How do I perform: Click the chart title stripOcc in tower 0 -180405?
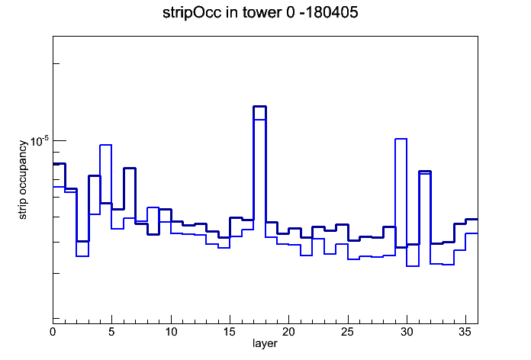260,13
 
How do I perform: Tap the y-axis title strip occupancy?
23,180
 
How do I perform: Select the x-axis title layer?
265,343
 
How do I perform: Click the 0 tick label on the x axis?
53,332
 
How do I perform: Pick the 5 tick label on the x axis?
111,332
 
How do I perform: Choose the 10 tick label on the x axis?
171,332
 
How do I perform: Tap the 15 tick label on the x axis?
230,332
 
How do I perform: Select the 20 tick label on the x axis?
288,332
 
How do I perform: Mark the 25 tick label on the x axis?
347,332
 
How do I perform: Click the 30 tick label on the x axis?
407,332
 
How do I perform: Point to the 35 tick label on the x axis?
465,332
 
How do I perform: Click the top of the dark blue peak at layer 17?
259,106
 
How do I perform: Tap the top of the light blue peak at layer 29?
401,139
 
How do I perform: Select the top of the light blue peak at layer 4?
105,145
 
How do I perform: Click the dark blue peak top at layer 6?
130,168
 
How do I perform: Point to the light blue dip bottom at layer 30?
413,266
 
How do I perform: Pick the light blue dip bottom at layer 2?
82,256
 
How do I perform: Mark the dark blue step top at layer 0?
59,163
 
